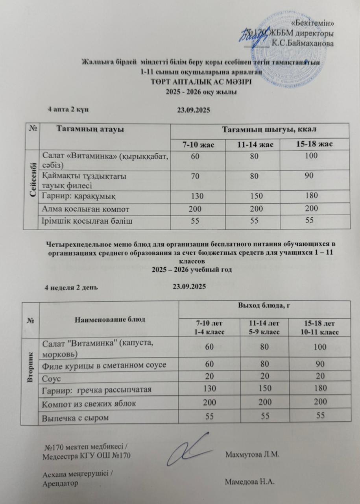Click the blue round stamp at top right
pos(283,43)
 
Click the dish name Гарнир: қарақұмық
pos(79,196)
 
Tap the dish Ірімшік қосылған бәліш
pos(87,221)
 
